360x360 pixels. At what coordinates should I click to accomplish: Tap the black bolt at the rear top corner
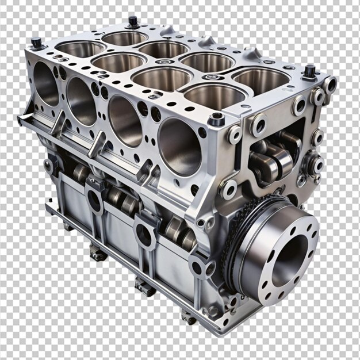click(x=133, y=21)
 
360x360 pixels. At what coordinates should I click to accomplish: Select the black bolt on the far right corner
click(x=310, y=71)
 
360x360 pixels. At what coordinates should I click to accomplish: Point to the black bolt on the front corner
click(x=217, y=119)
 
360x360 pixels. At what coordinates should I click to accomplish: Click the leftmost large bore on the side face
click(x=46, y=83)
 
